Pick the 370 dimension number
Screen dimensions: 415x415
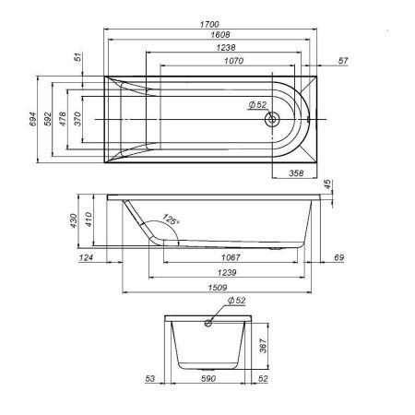tap(77, 120)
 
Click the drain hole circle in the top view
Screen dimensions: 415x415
tap(271, 120)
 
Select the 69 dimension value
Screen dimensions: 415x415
tap(338, 258)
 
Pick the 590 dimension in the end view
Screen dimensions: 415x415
tap(207, 378)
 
